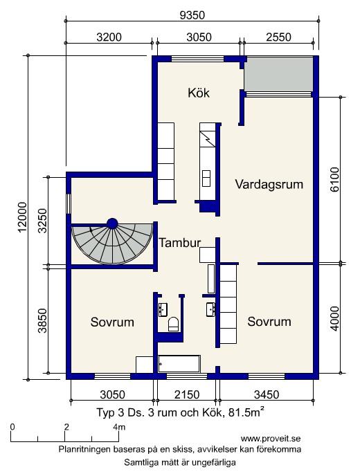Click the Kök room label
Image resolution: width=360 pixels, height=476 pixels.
coord(199,93)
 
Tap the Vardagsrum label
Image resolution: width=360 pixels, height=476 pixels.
coord(269,184)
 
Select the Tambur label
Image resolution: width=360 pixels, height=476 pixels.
coord(180,243)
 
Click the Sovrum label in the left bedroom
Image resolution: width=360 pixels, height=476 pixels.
coord(112,322)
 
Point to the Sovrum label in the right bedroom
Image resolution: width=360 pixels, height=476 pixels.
coord(269,322)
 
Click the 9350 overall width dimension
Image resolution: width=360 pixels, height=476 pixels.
coord(192,15)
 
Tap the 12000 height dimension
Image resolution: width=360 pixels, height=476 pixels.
coord(23,217)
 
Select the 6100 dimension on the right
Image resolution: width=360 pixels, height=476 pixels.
coord(334,179)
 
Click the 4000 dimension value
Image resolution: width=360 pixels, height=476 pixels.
coord(334,318)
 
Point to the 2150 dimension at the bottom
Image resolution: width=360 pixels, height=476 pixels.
coord(187,394)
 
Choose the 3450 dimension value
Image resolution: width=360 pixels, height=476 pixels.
coord(267,394)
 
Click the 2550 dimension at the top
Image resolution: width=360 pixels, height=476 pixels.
coord(278,37)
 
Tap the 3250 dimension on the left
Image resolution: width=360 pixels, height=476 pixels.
coord(44,221)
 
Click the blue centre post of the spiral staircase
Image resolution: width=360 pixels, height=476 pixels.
coord(112,223)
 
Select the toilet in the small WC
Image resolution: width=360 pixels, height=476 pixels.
coord(173,324)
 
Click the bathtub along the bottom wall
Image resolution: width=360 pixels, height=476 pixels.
coord(179,364)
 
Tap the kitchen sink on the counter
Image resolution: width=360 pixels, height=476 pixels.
coord(206,178)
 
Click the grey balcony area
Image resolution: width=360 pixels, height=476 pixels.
coord(279,74)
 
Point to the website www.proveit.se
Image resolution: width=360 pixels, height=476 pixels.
coord(271,439)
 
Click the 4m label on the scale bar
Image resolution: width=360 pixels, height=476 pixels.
coord(119,427)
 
